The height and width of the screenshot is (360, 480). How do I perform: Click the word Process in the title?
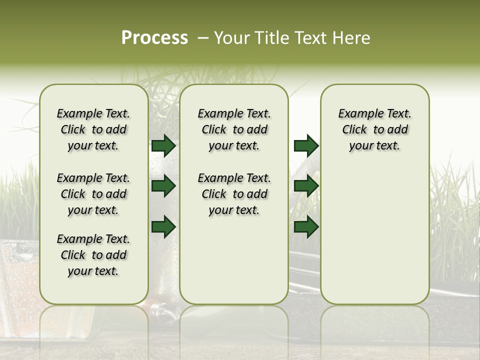[x=154, y=38]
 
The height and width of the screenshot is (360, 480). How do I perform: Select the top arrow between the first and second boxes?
[x=163, y=145]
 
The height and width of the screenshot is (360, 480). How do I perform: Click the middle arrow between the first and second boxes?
[x=163, y=186]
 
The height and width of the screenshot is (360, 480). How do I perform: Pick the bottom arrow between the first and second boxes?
[x=163, y=226]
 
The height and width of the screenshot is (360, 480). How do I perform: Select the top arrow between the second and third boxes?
[x=306, y=145]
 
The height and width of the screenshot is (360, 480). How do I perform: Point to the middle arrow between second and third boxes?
[x=306, y=186]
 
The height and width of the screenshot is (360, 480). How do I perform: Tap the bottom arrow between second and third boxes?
[x=306, y=226]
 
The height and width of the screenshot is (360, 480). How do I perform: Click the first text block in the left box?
[x=93, y=129]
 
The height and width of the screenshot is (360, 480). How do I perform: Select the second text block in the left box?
[x=93, y=194]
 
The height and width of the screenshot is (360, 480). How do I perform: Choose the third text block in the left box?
[x=93, y=255]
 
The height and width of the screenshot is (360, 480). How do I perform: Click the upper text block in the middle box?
[x=234, y=129]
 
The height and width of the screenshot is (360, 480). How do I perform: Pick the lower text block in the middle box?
[x=234, y=194]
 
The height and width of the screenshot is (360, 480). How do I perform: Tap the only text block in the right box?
[x=375, y=129]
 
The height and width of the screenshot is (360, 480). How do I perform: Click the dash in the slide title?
[x=203, y=38]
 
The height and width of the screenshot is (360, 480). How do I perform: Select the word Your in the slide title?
[x=232, y=38]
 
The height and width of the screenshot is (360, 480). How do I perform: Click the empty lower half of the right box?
[x=375, y=240]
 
